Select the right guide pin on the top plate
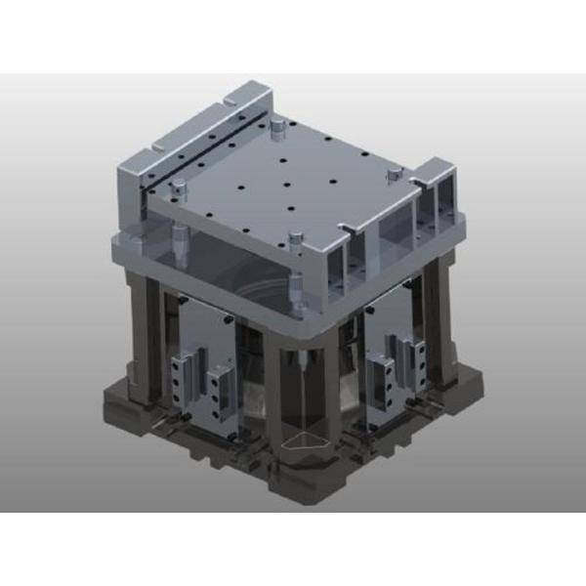click(x=392, y=174)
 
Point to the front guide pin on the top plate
click(x=294, y=237)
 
